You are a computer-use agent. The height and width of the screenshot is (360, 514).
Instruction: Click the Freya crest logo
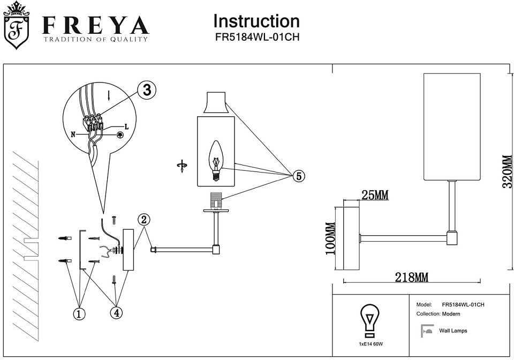[x=17, y=25]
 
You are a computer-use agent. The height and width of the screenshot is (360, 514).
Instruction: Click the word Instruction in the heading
[x=256, y=21]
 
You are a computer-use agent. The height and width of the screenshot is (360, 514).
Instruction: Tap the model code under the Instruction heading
[x=256, y=38]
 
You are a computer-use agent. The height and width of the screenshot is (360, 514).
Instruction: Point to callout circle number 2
[x=143, y=219]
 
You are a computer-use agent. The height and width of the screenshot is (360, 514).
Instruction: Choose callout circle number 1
[x=79, y=313]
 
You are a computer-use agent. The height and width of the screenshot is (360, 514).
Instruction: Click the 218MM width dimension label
[x=411, y=277]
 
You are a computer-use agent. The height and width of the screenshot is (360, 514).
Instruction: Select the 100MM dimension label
[x=330, y=238]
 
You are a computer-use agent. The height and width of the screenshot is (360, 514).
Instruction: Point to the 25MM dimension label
[x=374, y=196]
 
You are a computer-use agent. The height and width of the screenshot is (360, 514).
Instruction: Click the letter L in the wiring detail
[x=126, y=127]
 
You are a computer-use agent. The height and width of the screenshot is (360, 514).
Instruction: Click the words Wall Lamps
[x=453, y=331]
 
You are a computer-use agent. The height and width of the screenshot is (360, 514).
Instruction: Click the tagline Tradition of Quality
[x=95, y=39]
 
